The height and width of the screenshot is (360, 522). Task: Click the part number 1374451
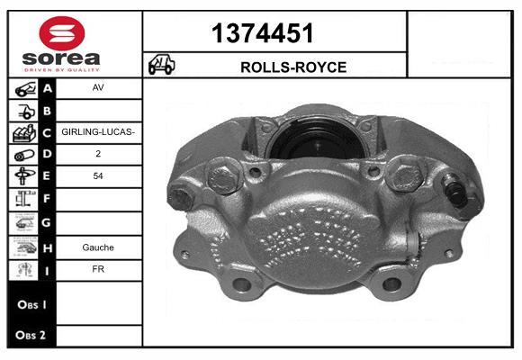point(262,33)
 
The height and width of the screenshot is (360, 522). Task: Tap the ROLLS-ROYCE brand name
point(293,67)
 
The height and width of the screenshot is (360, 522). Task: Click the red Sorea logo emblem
point(62,33)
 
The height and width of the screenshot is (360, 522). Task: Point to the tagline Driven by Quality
point(62,70)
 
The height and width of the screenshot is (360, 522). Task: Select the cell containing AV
point(98,88)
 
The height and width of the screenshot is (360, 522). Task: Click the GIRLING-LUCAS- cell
point(98,132)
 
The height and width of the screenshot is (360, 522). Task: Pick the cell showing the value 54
point(98,176)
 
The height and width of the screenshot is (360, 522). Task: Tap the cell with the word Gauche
point(98,247)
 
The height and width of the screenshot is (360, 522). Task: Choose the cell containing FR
point(98,269)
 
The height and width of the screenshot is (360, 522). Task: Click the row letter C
point(47,133)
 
